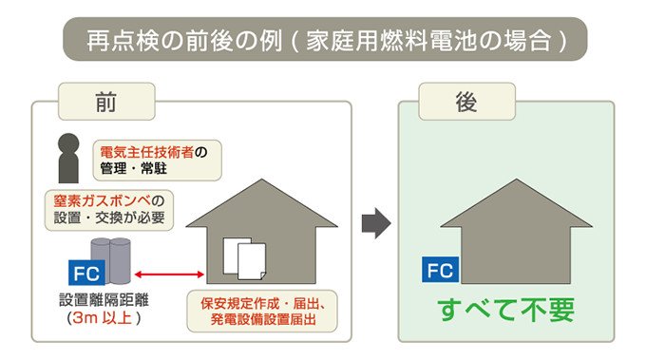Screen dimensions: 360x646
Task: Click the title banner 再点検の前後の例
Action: coord(323,40)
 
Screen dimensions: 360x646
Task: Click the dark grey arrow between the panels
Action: coord(378,224)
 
